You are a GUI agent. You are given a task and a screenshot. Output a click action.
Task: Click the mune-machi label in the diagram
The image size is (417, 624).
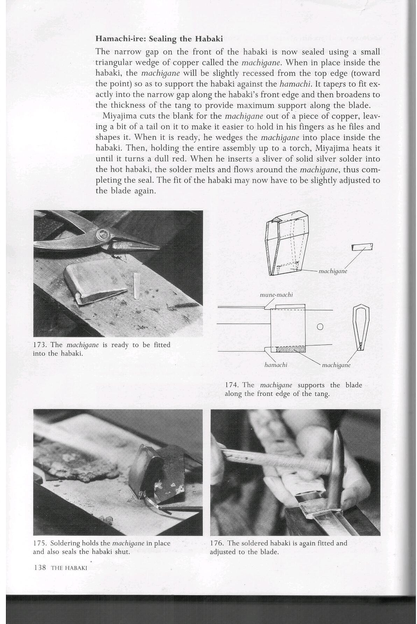coord(276,295)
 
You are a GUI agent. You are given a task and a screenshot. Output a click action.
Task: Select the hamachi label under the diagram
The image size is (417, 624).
coord(276,365)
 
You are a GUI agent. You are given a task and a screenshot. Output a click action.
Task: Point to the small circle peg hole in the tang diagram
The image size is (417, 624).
coord(319,327)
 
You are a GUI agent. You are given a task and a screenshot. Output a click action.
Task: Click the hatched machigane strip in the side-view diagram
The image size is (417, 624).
coord(291,349)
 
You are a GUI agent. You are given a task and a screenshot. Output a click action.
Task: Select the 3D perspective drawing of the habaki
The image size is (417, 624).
coord(286,244)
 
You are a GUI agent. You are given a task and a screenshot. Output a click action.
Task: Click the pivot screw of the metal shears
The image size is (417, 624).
coord(104,234)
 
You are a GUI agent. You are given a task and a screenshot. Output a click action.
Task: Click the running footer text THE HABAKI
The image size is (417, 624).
coord(69,568)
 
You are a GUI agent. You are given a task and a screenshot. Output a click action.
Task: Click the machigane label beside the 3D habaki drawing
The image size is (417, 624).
coord(333,271)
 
